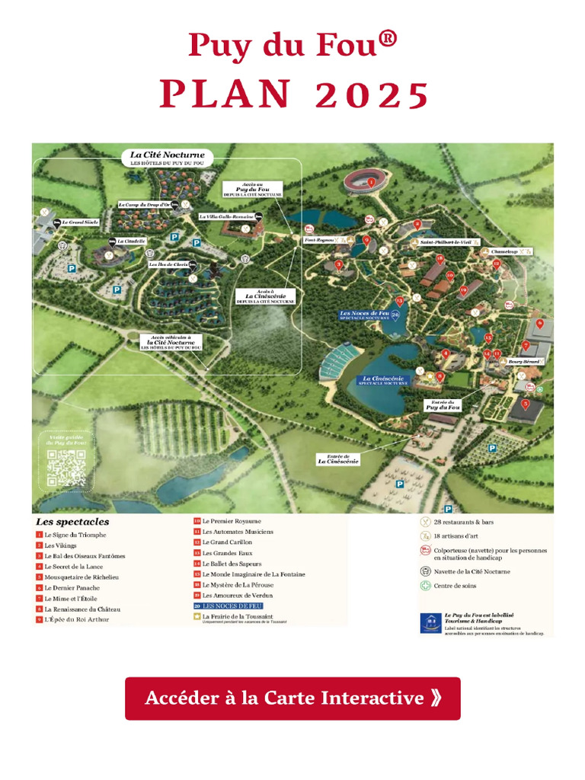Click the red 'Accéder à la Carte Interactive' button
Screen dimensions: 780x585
(292, 698)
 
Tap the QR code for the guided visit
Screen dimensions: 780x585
(66, 468)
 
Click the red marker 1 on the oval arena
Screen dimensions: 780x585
(372, 183)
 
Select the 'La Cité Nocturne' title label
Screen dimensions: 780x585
(168, 155)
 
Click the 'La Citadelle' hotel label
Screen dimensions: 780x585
(131, 241)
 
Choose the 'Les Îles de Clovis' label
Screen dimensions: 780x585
(168, 264)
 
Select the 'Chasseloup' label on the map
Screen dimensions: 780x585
(505, 251)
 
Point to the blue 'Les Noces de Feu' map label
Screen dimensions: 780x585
(365, 314)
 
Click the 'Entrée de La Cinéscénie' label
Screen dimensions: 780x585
(338, 459)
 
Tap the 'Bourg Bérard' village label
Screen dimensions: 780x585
(523, 361)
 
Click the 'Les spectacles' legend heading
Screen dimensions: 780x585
(72, 523)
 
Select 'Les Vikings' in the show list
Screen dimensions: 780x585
(60, 545)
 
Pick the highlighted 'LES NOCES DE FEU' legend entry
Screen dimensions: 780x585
(232, 606)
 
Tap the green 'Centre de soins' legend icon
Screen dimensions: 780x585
(425, 586)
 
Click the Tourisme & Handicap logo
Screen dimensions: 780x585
(430, 622)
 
